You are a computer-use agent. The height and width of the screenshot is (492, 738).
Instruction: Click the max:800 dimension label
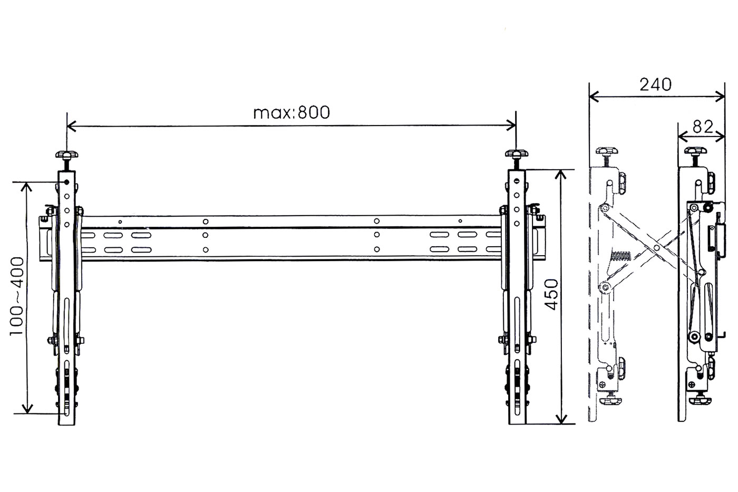291,113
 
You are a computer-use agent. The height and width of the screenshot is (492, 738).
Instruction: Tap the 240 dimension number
655,85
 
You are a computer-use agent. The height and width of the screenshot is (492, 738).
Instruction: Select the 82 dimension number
703,127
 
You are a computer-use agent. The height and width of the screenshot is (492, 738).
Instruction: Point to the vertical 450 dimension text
551,294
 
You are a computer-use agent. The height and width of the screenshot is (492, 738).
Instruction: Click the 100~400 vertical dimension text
17,296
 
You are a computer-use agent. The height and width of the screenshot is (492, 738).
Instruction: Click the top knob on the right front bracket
517,153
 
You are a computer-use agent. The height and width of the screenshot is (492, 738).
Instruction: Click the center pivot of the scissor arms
657,248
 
